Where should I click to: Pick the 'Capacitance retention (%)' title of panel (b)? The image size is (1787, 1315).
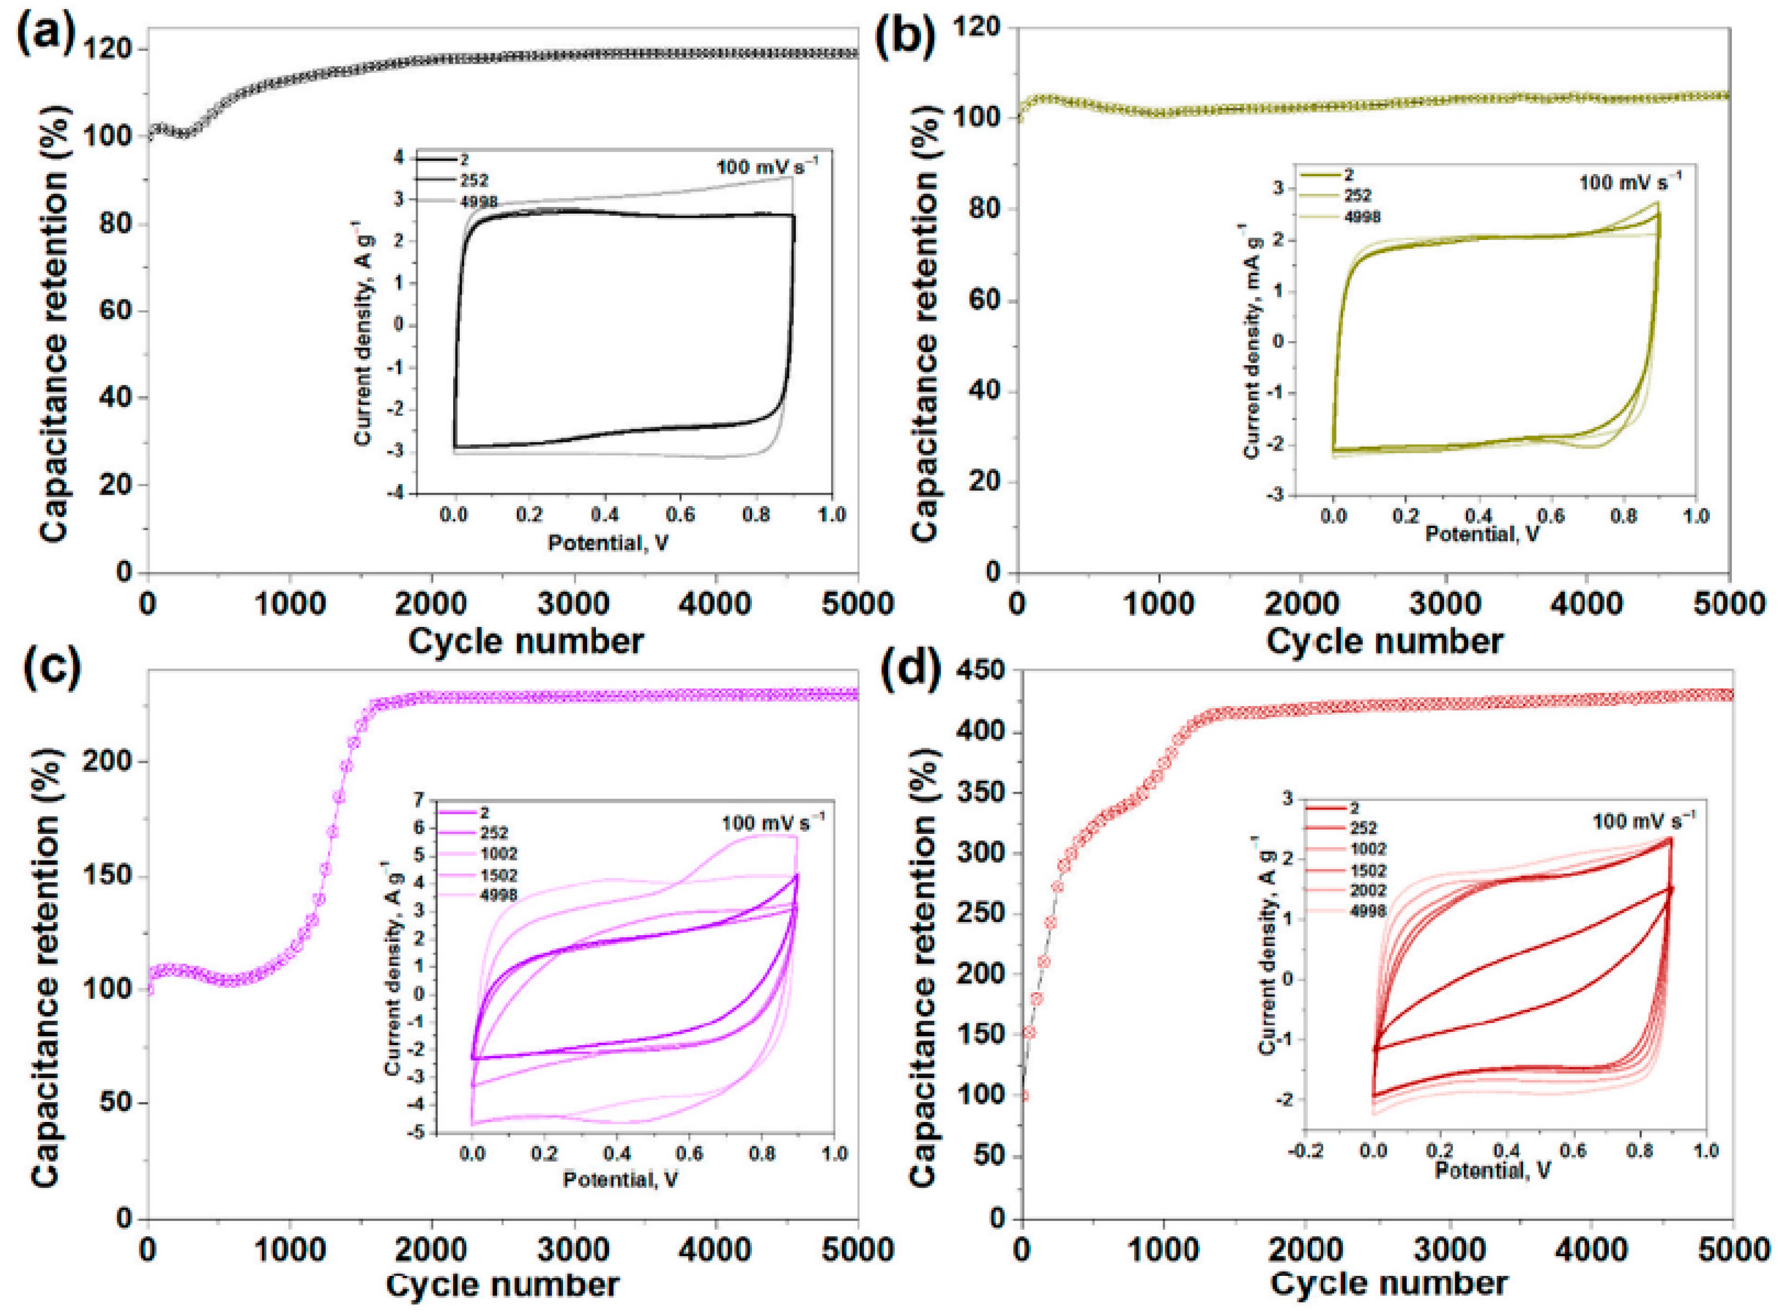point(926,299)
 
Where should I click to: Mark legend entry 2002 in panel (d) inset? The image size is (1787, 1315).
point(1367,890)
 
